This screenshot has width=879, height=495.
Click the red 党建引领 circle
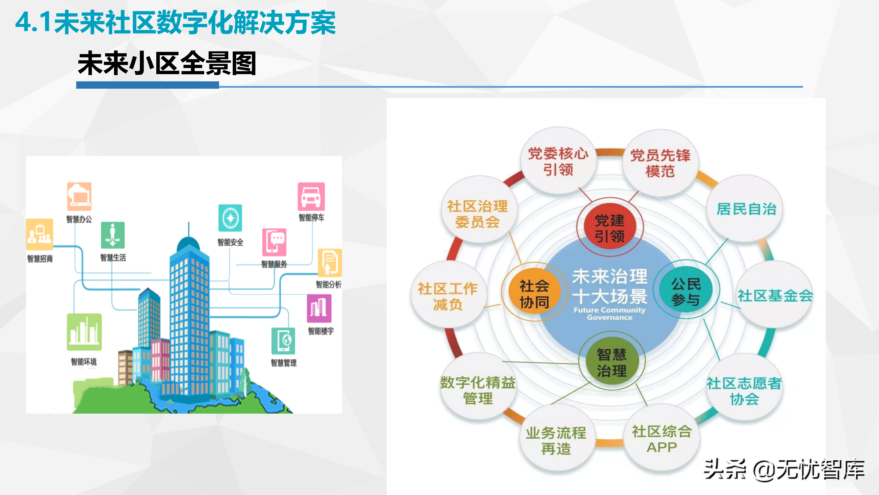609,228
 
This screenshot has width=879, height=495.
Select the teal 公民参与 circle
686,291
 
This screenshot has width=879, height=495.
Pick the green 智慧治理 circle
611,362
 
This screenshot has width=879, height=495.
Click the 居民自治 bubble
746,209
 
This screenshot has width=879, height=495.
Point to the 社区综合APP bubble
661,439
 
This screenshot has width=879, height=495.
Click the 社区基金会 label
775,295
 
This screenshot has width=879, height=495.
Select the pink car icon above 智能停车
311,197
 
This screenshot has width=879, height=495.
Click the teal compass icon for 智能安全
230,218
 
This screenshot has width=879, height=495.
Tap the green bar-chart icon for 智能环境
84,332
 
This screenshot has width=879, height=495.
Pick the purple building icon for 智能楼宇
319,308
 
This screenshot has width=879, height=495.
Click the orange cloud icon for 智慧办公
79,196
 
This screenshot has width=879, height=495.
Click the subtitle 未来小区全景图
167,63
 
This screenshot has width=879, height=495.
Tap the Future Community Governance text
609,313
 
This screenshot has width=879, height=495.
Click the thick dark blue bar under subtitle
147,85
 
